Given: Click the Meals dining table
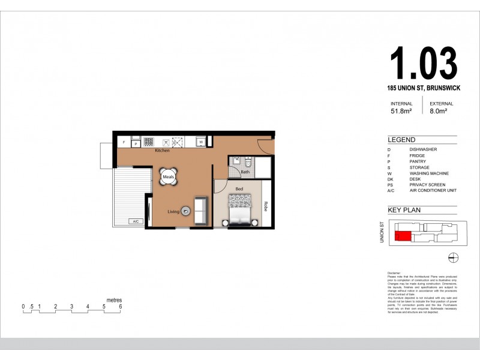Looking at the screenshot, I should [x=169, y=177].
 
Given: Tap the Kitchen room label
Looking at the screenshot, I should [x=162, y=151].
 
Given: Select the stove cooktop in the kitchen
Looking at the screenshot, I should [x=148, y=142].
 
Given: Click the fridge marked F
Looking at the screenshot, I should [x=124, y=142].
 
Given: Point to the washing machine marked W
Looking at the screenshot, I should [x=202, y=142].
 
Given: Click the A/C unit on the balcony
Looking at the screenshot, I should [x=135, y=221].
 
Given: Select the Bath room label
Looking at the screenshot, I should [x=245, y=172].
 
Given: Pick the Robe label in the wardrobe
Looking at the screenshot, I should [x=265, y=205].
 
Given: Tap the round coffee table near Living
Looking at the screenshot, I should [x=186, y=211].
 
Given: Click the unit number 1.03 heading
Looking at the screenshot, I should [x=423, y=64].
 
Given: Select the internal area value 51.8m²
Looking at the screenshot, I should [x=401, y=111].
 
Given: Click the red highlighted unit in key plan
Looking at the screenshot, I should [x=403, y=236].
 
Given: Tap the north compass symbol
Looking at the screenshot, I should [x=454, y=257].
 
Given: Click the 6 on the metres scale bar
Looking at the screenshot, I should [x=121, y=306].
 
